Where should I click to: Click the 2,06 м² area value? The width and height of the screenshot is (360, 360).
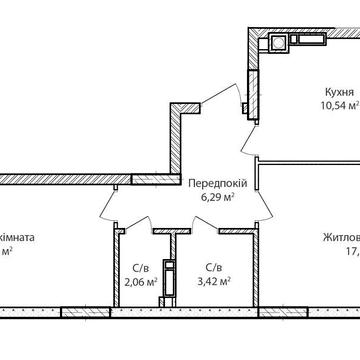141,281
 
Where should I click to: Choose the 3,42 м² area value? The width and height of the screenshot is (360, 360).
213,281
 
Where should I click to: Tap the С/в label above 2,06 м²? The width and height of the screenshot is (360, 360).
141,267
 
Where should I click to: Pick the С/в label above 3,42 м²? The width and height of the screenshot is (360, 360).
213,267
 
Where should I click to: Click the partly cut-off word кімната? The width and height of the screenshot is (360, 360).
18,237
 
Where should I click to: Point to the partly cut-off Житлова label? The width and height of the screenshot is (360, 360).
340,237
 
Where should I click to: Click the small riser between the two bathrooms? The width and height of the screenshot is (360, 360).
172,269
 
